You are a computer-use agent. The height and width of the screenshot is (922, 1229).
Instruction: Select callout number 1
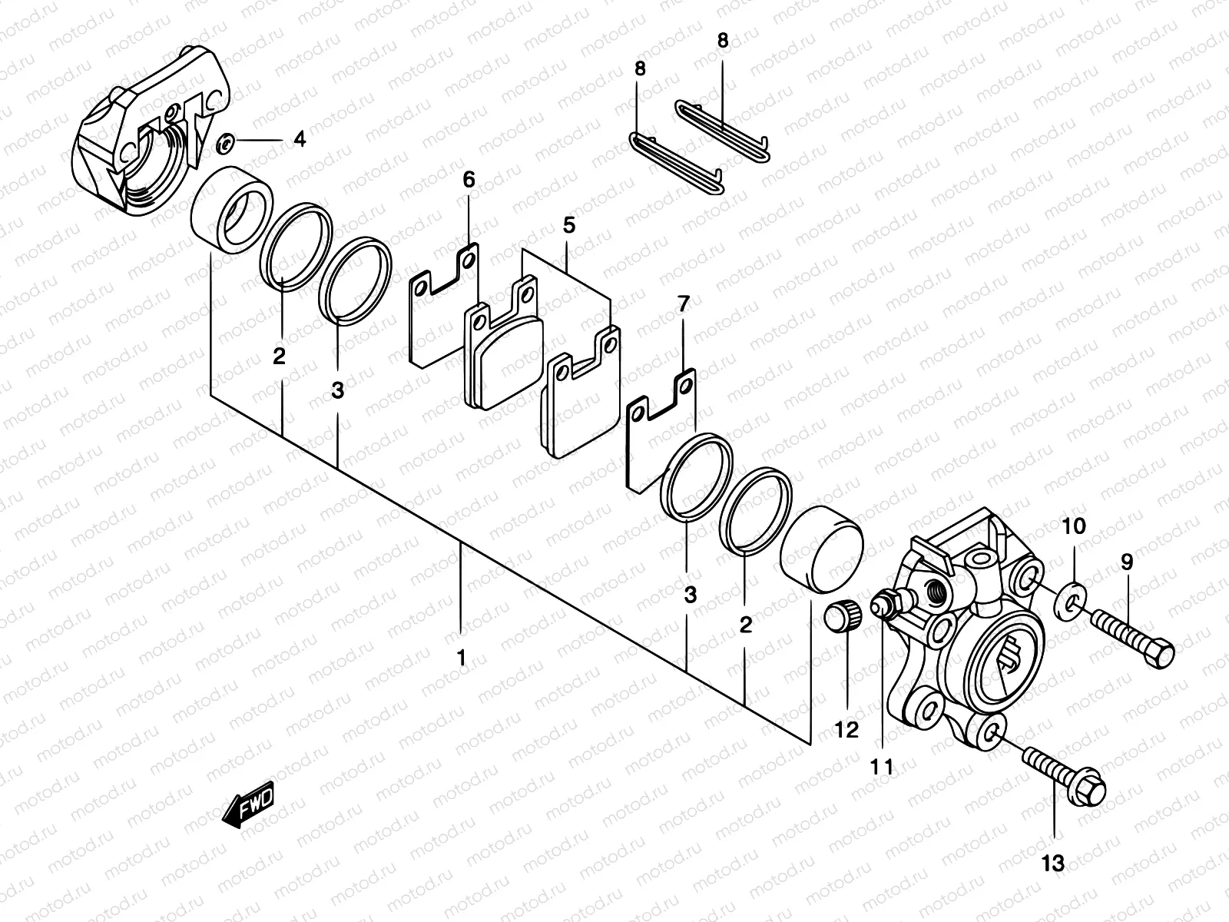(x=461, y=658)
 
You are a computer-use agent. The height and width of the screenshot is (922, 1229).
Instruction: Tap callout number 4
(x=300, y=140)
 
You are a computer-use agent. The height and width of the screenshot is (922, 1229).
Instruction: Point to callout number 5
(x=568, y=226)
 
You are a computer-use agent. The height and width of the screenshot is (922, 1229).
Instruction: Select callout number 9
(x=1126, y=562)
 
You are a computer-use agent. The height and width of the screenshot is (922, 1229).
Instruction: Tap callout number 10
(x=1075, y=526)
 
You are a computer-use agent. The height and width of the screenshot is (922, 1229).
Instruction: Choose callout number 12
(x=846, y=730)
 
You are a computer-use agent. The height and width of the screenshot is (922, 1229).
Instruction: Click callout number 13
(x=1054, y=863)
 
